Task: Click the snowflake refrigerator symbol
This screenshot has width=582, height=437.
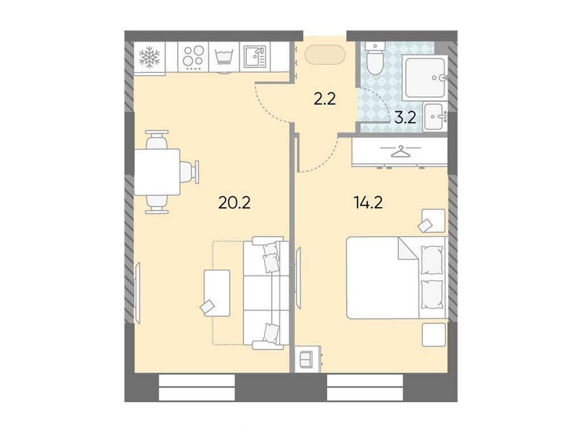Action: point(150,57)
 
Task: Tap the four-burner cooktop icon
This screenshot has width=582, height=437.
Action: point(193,57)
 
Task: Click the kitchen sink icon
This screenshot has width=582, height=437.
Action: point(254,57)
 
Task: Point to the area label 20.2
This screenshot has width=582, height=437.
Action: point(234,201)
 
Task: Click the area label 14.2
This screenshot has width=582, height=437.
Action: point(368,201)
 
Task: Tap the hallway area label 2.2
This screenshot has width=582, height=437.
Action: point(325,100)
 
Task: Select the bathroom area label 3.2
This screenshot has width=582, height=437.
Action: point(405,118)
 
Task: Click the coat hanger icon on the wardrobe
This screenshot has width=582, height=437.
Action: point(401,152)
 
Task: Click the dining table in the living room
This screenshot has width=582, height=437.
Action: point(157,172)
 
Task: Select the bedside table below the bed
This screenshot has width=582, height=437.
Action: point(434,335)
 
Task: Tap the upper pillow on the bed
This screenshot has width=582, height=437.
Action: point(433,260)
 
